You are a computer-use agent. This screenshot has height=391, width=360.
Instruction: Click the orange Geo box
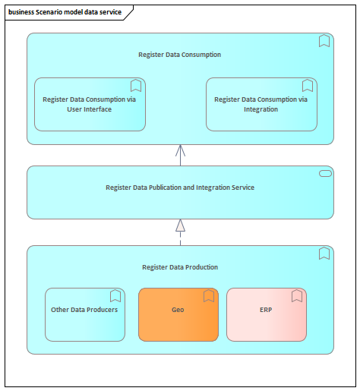[178, 314]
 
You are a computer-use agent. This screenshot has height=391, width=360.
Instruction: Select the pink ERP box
[267, 314]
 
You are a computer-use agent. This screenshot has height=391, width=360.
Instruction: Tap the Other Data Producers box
[85, 314]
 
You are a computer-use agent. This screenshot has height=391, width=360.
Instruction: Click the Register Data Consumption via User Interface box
[90, 104]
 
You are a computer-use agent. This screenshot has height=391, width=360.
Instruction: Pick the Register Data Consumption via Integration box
[261, 104]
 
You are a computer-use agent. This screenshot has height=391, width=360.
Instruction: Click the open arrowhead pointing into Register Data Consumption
[180, 150]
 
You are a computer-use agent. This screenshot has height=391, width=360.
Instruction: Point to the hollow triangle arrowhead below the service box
[180, 225]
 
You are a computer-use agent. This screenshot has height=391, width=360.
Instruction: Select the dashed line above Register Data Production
[180, 238]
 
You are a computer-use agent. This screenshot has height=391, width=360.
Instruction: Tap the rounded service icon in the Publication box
[325, 173]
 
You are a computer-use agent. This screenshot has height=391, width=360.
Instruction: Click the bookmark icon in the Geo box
[209, 296]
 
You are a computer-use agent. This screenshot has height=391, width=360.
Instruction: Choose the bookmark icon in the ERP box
[297, 296]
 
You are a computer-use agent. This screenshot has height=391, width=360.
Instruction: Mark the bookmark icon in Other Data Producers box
[115, 296]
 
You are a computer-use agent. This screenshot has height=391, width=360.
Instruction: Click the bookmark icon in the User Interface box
[136, 86]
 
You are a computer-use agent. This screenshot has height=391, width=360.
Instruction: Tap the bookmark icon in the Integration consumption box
[308, 86]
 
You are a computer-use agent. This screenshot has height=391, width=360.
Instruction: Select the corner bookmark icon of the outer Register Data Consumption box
[324, 41]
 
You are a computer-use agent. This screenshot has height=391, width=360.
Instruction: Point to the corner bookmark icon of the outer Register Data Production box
[324, 254]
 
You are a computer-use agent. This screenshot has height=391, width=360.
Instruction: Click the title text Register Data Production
[180, 267]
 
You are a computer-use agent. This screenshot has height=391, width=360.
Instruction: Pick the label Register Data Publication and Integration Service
[180, 188]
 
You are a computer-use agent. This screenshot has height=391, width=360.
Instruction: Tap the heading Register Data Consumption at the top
[179, 55]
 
